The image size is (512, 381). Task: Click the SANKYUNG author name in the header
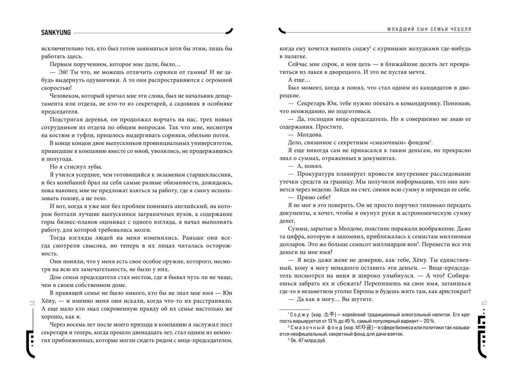[56, 33]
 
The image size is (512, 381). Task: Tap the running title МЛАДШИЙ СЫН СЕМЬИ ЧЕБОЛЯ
[429, 29]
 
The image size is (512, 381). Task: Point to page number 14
[32, 303]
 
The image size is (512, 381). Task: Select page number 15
[484, 303]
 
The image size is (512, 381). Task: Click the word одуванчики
[103, 80]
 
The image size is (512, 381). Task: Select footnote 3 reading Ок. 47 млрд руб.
[307, 340]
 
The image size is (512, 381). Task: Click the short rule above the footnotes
[294, 309]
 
